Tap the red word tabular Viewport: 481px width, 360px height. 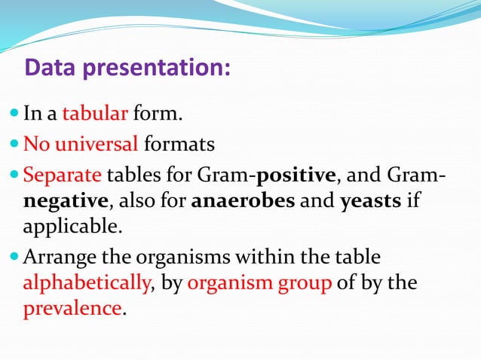click(x=95, y=114)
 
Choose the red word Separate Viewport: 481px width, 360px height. click(x=63, y=176)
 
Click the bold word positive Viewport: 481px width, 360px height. click(x=296, y=176)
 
